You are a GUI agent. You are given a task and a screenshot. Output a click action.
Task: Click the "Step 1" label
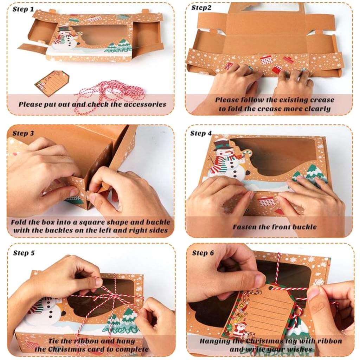click(23, 9)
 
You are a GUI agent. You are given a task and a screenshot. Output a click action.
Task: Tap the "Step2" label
click(201, 8)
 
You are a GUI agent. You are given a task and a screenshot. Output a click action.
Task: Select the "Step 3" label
click(23, 134)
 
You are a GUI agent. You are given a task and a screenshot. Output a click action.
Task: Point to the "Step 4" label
click(201, 134)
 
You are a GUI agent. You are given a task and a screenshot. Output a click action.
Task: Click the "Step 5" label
click(24, 253)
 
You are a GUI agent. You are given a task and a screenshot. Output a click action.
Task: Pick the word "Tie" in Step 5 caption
click(56, 341)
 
